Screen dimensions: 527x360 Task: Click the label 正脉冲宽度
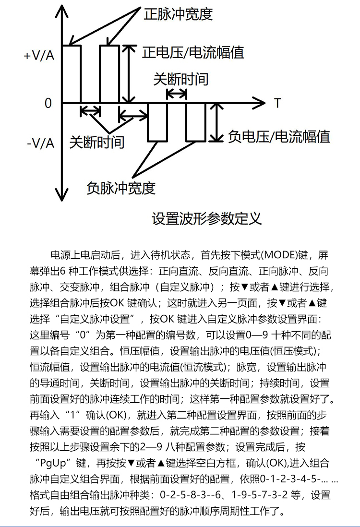[x=178, y=14]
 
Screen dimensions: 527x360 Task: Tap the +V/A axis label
[x=39, y=55]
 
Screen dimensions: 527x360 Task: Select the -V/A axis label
[x=40, y=143]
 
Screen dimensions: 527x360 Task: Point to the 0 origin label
[x=48, y=103]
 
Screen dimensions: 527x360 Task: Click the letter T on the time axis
[x=277, y=103]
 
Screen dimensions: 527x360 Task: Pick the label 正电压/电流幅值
[x=193, y=52]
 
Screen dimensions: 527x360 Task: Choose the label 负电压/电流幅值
[x=279, y=137]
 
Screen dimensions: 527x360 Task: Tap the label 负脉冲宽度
[x=121, y=188]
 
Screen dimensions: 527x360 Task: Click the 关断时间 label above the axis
[x=181, y=79]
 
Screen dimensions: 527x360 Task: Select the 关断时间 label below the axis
[x=97, y=142]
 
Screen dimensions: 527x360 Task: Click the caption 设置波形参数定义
[x=207, y=219]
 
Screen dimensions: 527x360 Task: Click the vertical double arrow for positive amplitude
[x=127, y=73]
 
